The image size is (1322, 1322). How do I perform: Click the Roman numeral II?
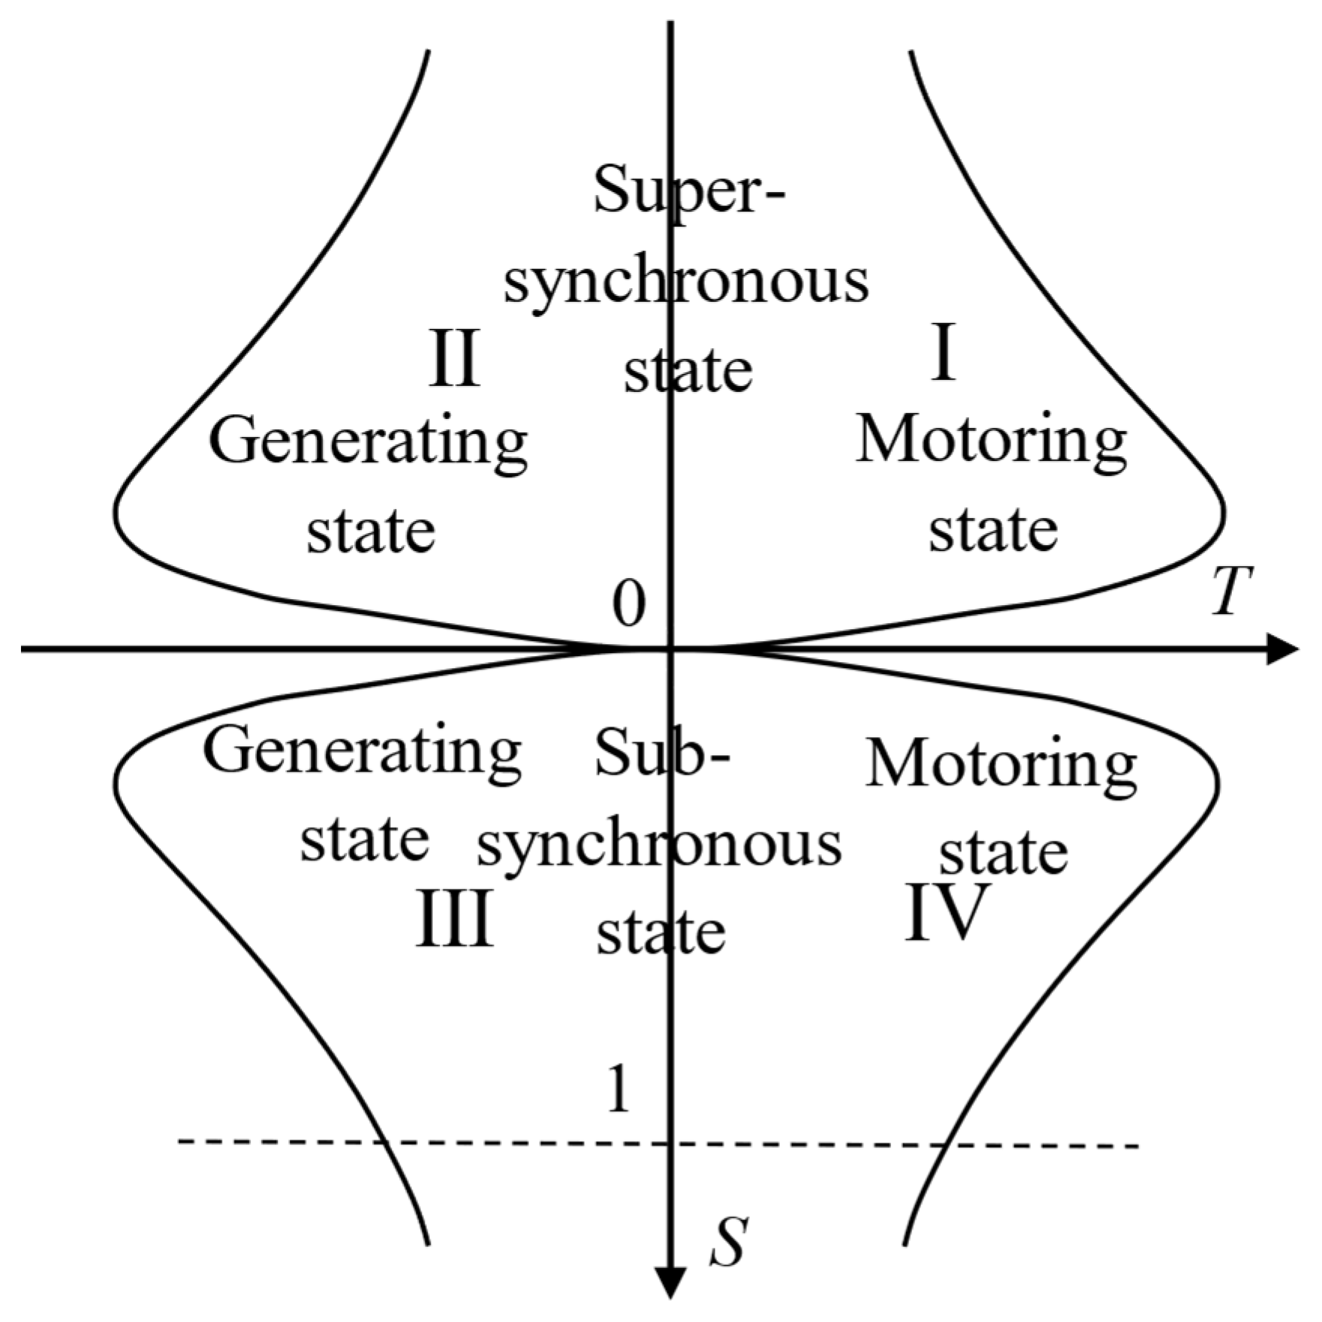click(x=453, y=359)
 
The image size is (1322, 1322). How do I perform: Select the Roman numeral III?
click(x=454, y=920)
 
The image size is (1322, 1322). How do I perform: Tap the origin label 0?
click(x=628, y=605)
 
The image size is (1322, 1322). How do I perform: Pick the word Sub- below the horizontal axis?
click(x=661, y=755)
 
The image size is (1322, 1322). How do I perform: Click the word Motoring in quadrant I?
click(x=991, y=443)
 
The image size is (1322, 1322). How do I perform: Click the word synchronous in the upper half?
click(x=685, y=284)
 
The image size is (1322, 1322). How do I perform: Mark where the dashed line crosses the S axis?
click(x=670, y=1144)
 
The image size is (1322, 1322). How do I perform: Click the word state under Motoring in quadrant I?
click(x=992, y=530)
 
